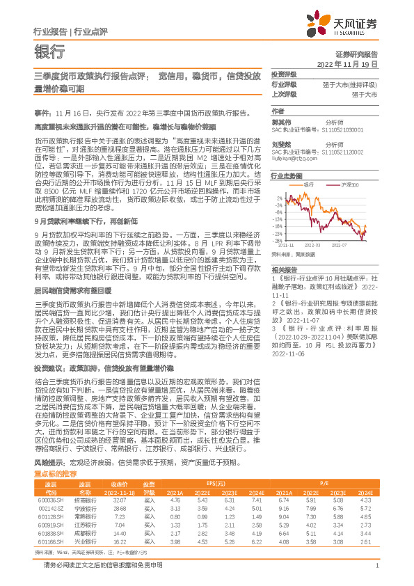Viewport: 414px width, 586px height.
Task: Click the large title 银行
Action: (x=49, y=51)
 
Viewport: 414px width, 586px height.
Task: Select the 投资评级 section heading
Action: (x=284, y=75)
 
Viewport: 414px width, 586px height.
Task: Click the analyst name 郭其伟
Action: (x=281, y=121)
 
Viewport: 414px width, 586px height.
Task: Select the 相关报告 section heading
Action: (x=284, y=268)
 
